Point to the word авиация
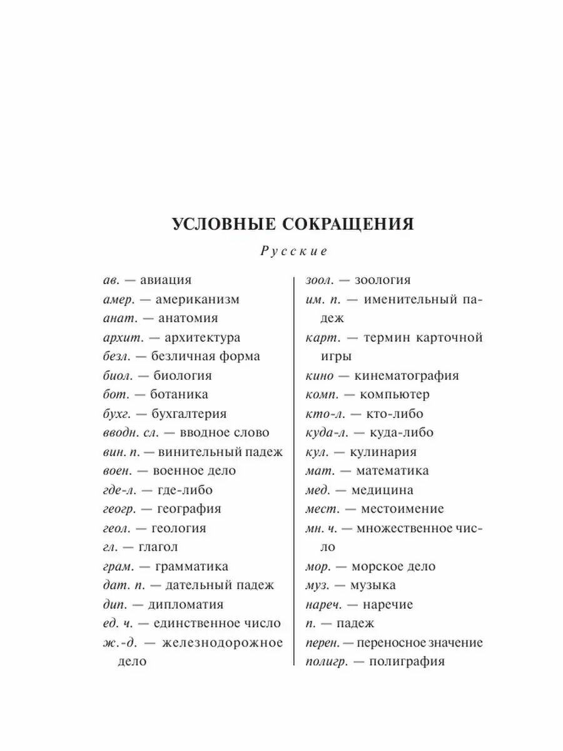[166, 280]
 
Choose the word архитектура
[202, 338]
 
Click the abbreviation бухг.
[117, 414]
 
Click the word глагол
[154, 547]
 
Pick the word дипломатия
[186, 605]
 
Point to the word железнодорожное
[222, 643]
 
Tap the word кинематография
[407, 376]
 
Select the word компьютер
[395, 395]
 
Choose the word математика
[393, 471]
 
